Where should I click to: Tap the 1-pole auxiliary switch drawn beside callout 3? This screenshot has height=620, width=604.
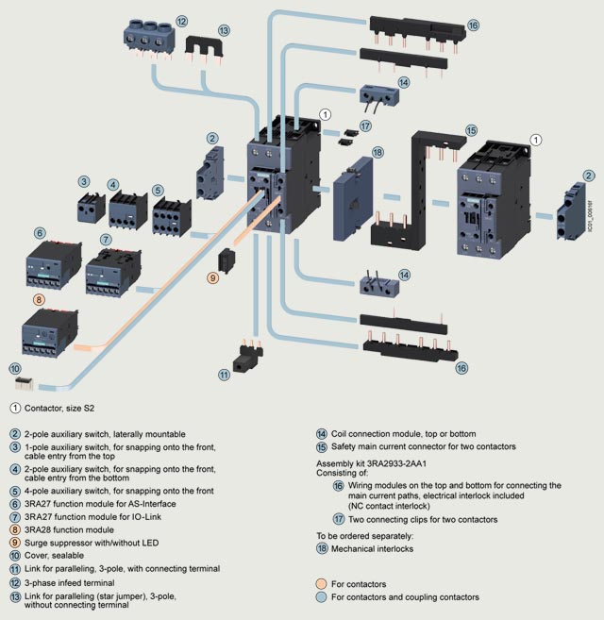coord(89,208)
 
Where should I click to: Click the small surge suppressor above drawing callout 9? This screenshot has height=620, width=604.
coord(226,260)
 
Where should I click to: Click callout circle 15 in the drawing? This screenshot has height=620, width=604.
coord(471,129)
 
